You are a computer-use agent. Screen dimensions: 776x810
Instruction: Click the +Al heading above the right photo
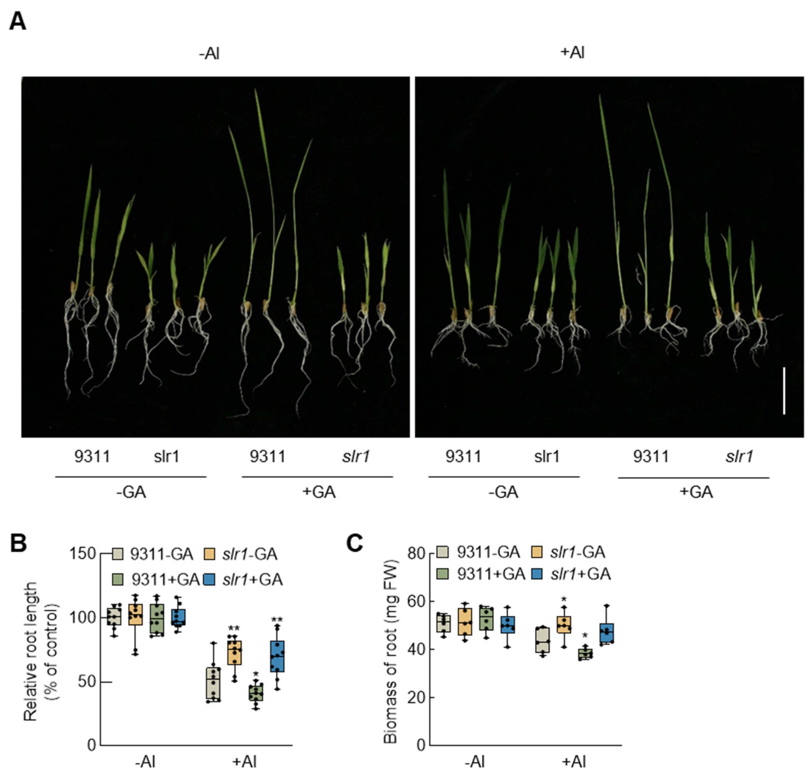click(573, 53)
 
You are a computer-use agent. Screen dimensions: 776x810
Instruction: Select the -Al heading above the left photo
click(209, 53)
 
